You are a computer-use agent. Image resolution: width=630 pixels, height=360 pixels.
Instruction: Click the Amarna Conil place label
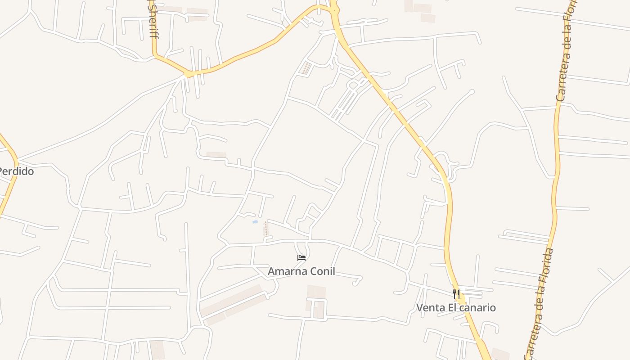point(301,271)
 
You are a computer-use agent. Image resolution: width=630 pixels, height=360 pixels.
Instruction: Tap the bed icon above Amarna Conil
point(301,258)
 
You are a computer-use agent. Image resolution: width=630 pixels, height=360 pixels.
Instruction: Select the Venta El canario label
point(456,308)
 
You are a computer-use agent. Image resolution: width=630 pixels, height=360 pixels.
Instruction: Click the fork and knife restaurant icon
point(456,294)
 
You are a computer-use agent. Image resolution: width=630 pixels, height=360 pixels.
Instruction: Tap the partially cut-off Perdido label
point(16,171)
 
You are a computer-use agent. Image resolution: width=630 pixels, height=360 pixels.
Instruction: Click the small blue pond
point(255,222)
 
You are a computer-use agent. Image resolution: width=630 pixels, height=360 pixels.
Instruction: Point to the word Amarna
point(284,271)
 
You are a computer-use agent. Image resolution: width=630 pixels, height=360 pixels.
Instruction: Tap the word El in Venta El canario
point(451,308)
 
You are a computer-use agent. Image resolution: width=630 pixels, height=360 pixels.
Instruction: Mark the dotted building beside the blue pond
point(266,229)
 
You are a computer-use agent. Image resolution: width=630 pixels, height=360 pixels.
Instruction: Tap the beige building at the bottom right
point(500,354)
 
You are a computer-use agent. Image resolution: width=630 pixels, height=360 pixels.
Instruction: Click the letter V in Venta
point(419,308)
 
